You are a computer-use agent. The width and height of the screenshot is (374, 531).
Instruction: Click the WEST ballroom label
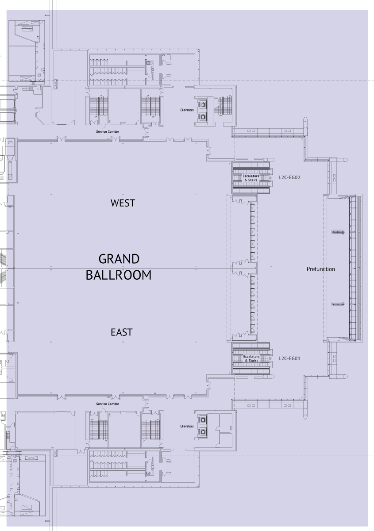point(123,203)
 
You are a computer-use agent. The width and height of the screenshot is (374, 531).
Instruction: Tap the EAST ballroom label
point(122,332)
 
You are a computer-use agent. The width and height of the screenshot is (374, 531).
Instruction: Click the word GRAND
point(119,259)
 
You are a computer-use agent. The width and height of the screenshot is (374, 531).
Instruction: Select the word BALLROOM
point(118,275)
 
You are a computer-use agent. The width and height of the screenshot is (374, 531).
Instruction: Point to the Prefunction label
point(321,269)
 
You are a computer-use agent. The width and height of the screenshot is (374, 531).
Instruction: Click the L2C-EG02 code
point(289,177)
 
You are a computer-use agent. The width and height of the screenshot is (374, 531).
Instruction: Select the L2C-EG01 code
point(289,358)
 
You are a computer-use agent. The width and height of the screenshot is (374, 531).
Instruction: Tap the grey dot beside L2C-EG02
point(270,178)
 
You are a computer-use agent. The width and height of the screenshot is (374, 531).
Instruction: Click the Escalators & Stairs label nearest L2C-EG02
point(251,178)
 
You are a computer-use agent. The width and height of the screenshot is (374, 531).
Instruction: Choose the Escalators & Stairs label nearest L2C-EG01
point(251,358)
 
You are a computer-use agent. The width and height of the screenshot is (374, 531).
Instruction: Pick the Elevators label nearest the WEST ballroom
point(187,110)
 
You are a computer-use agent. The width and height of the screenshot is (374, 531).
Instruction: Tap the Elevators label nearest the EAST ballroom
point(187,426)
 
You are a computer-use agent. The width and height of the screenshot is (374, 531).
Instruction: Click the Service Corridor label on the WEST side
point(108,131)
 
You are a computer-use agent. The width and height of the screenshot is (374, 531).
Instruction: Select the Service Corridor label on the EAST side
point(108,404)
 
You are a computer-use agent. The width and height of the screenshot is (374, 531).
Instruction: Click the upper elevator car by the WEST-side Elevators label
point(203,105)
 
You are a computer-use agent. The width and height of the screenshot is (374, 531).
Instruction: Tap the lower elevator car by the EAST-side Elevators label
point(203,431)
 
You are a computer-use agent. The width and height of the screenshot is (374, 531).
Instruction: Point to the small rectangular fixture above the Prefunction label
point(339,231)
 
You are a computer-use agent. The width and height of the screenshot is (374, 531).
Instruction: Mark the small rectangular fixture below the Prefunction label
point(339,304)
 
